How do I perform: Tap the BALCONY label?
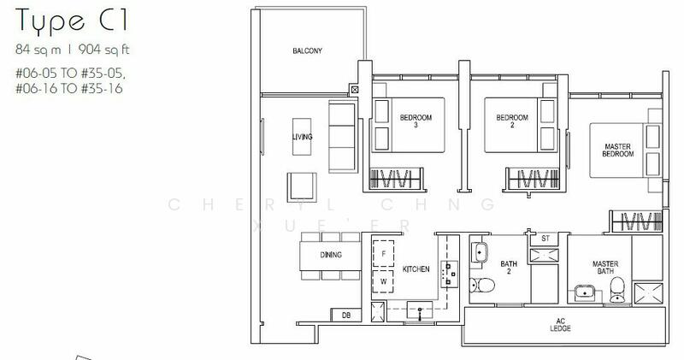(308, 51)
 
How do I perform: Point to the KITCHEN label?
(416, 269)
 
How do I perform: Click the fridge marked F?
(384, 254)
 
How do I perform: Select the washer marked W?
(384, 280)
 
